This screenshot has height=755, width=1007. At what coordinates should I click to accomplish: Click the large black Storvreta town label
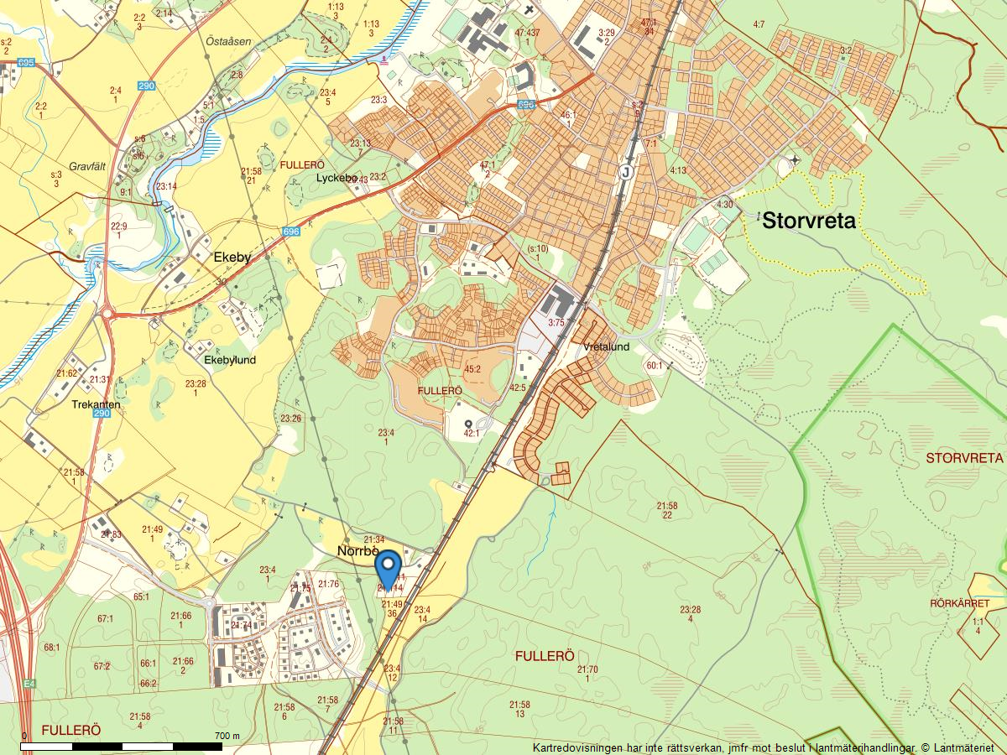(x=809, y=221)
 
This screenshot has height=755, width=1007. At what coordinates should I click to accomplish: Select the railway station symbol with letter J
(x=624, y=171)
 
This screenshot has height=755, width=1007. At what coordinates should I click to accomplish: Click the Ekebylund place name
(x=231, y=360)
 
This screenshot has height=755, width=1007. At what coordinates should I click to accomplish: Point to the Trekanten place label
(x=96, y=404)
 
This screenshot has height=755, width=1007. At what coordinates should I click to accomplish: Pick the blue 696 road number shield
(x=291, y=232)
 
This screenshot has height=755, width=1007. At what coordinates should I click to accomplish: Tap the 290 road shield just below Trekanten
(x=102, y=414)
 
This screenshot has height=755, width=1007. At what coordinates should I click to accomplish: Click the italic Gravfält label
(x=90, y=167)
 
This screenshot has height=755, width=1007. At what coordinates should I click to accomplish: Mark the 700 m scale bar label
(x=227, y=736)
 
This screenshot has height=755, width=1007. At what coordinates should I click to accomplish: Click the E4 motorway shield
(x=30, y=684)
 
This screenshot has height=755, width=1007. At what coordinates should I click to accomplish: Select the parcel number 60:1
(x=654, y=366)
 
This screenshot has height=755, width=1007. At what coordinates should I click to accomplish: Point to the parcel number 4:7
(x=759, y=25)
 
